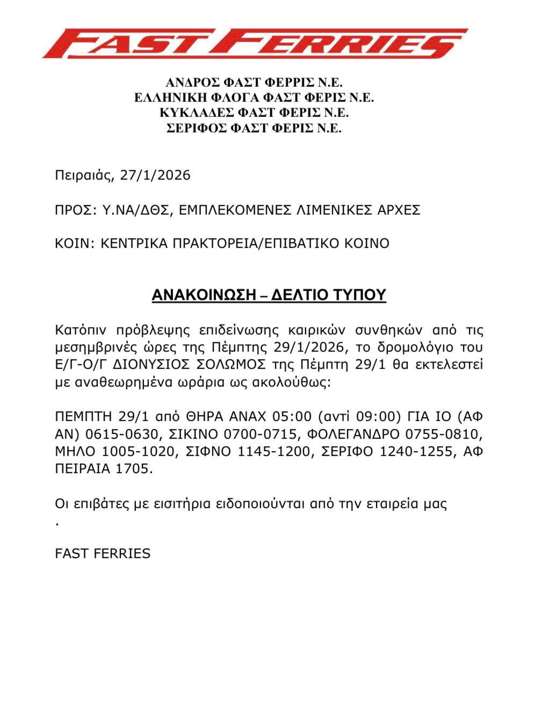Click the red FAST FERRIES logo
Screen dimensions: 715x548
coord(255,43)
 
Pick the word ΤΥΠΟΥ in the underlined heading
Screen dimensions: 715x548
coord(360,295)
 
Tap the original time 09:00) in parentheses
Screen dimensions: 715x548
coord(382,417)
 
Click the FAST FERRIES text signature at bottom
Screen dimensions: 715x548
coord(103,553)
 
